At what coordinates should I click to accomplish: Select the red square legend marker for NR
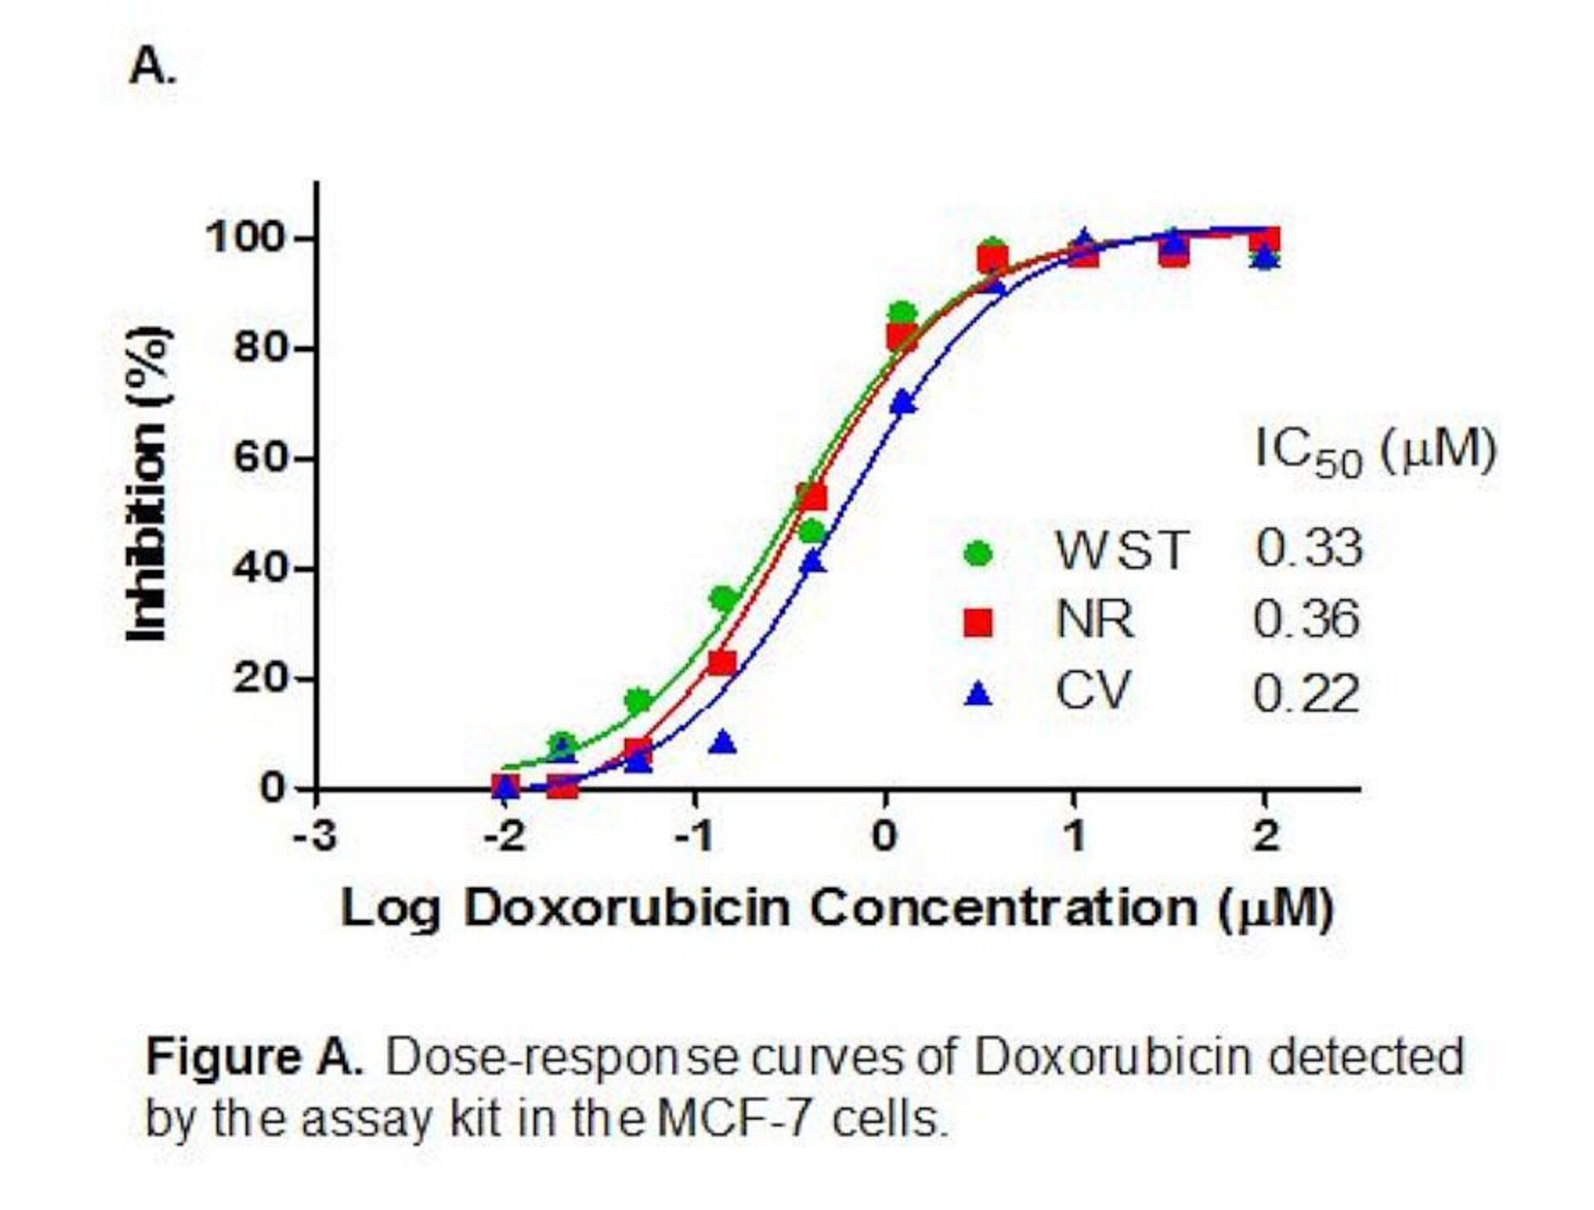[x=978, y=622]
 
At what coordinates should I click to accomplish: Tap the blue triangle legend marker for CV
[x=978, y=694]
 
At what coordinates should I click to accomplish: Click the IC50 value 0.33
[x=1309, y=548]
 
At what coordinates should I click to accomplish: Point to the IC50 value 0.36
[x=1306, y=619]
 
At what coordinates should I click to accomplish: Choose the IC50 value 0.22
[x=1306, y=693]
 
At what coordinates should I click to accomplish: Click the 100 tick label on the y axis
[x=245, y=238]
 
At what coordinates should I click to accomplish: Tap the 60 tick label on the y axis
[x=259, y=458]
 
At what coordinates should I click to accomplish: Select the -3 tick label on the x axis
[x=315, y=836]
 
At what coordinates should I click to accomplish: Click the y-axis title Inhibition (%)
[x=148, y=484]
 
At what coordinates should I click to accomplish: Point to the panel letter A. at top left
[x=151, y=66]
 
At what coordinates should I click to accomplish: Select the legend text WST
[x=1122, y=550]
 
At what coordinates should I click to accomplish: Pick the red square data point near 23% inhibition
[x=722, y=662]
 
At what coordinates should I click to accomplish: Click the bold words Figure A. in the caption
[x=253, y=1058]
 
